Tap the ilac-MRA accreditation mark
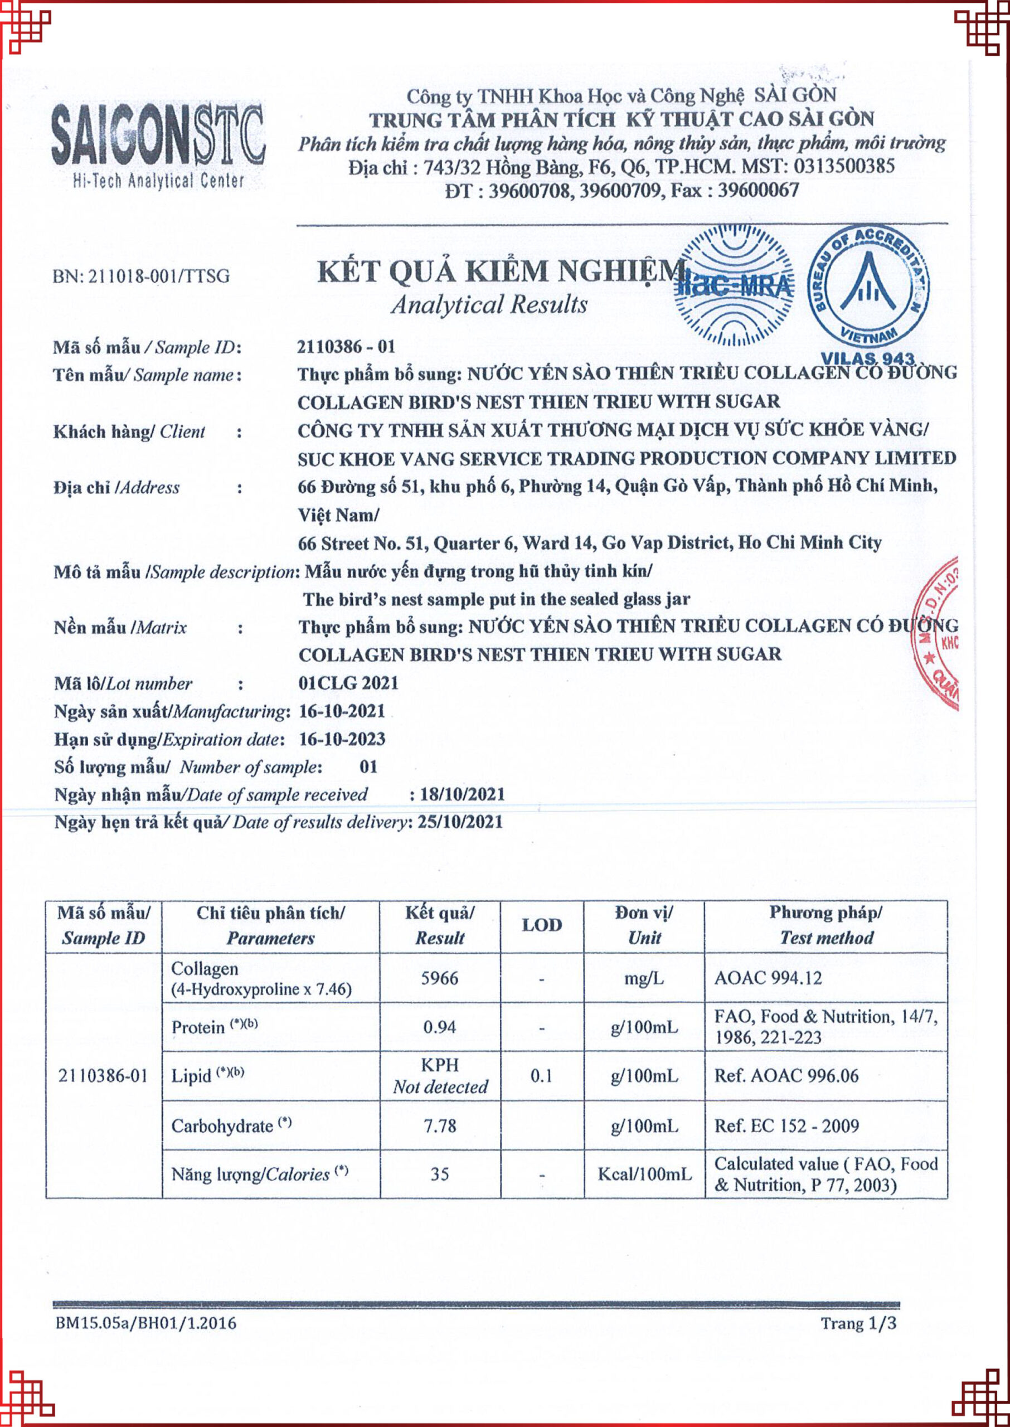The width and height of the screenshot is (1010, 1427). coord(734,285)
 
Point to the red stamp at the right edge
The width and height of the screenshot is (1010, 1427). coord(939,634)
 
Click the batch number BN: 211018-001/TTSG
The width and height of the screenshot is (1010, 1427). coord(141,275)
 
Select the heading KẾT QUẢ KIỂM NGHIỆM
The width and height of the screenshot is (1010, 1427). coord(501,271)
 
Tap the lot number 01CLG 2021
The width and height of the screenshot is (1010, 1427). coord(348,683)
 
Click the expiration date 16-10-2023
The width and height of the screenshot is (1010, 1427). coord(342,739)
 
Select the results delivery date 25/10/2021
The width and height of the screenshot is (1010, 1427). coord(460,822)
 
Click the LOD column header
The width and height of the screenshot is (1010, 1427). coord(542,925)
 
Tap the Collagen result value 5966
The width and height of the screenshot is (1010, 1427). coord(440,978)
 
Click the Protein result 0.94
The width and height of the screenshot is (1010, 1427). coord(440,1027)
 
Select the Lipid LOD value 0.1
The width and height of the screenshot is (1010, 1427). coord(542,1076)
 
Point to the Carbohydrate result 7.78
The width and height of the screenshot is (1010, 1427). coord(440,1125)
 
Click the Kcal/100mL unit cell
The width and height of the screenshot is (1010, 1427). coord(644,1174)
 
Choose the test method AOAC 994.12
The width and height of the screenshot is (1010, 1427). coord(768,978)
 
